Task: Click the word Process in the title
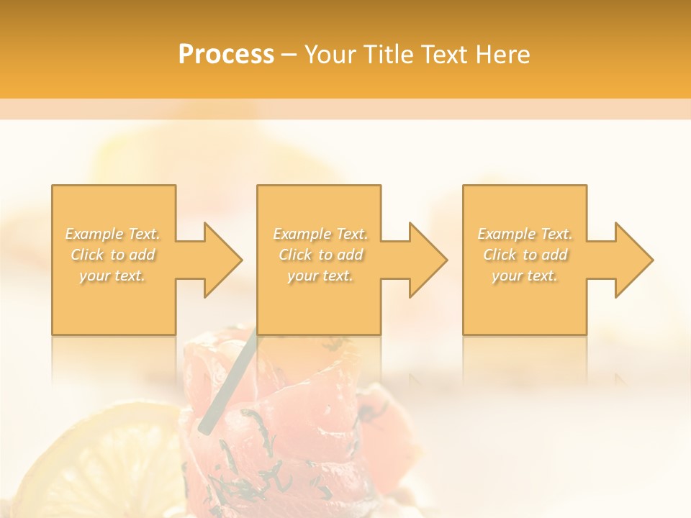point(226,55)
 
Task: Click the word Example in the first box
point(93,234)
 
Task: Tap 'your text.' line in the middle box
point(320,276)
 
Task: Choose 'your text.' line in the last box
point(524,276)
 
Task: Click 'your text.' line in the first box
point(112,276)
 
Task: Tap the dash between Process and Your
point(289,55)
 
